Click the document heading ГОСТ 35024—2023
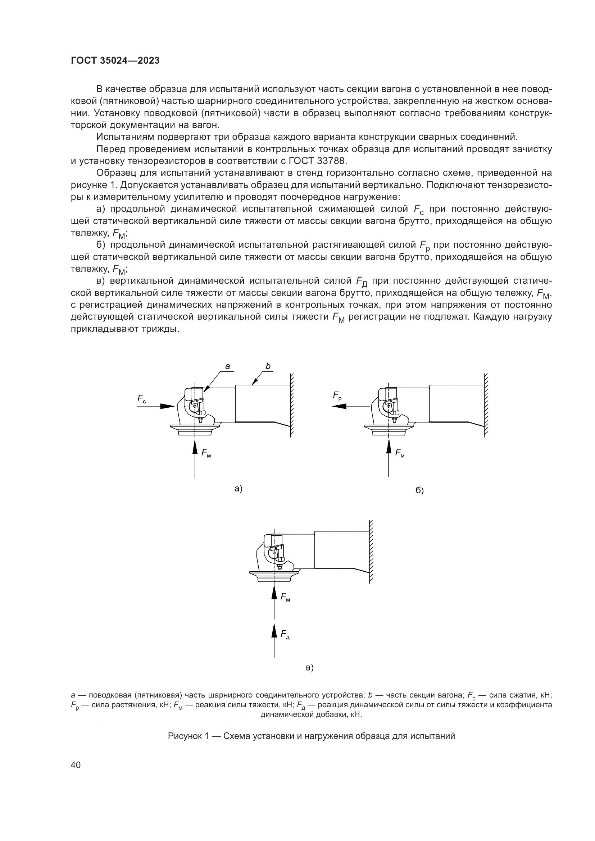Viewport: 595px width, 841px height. coord(115,61)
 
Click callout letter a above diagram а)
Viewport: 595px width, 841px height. coord(227,366)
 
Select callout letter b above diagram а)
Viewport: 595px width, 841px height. coord(268,366)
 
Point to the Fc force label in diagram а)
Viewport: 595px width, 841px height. coord(142,399)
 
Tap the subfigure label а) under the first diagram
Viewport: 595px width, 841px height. coord(239,488)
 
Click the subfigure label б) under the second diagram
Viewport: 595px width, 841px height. coord(419,490)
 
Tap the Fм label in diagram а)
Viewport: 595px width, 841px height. coord(206,453)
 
